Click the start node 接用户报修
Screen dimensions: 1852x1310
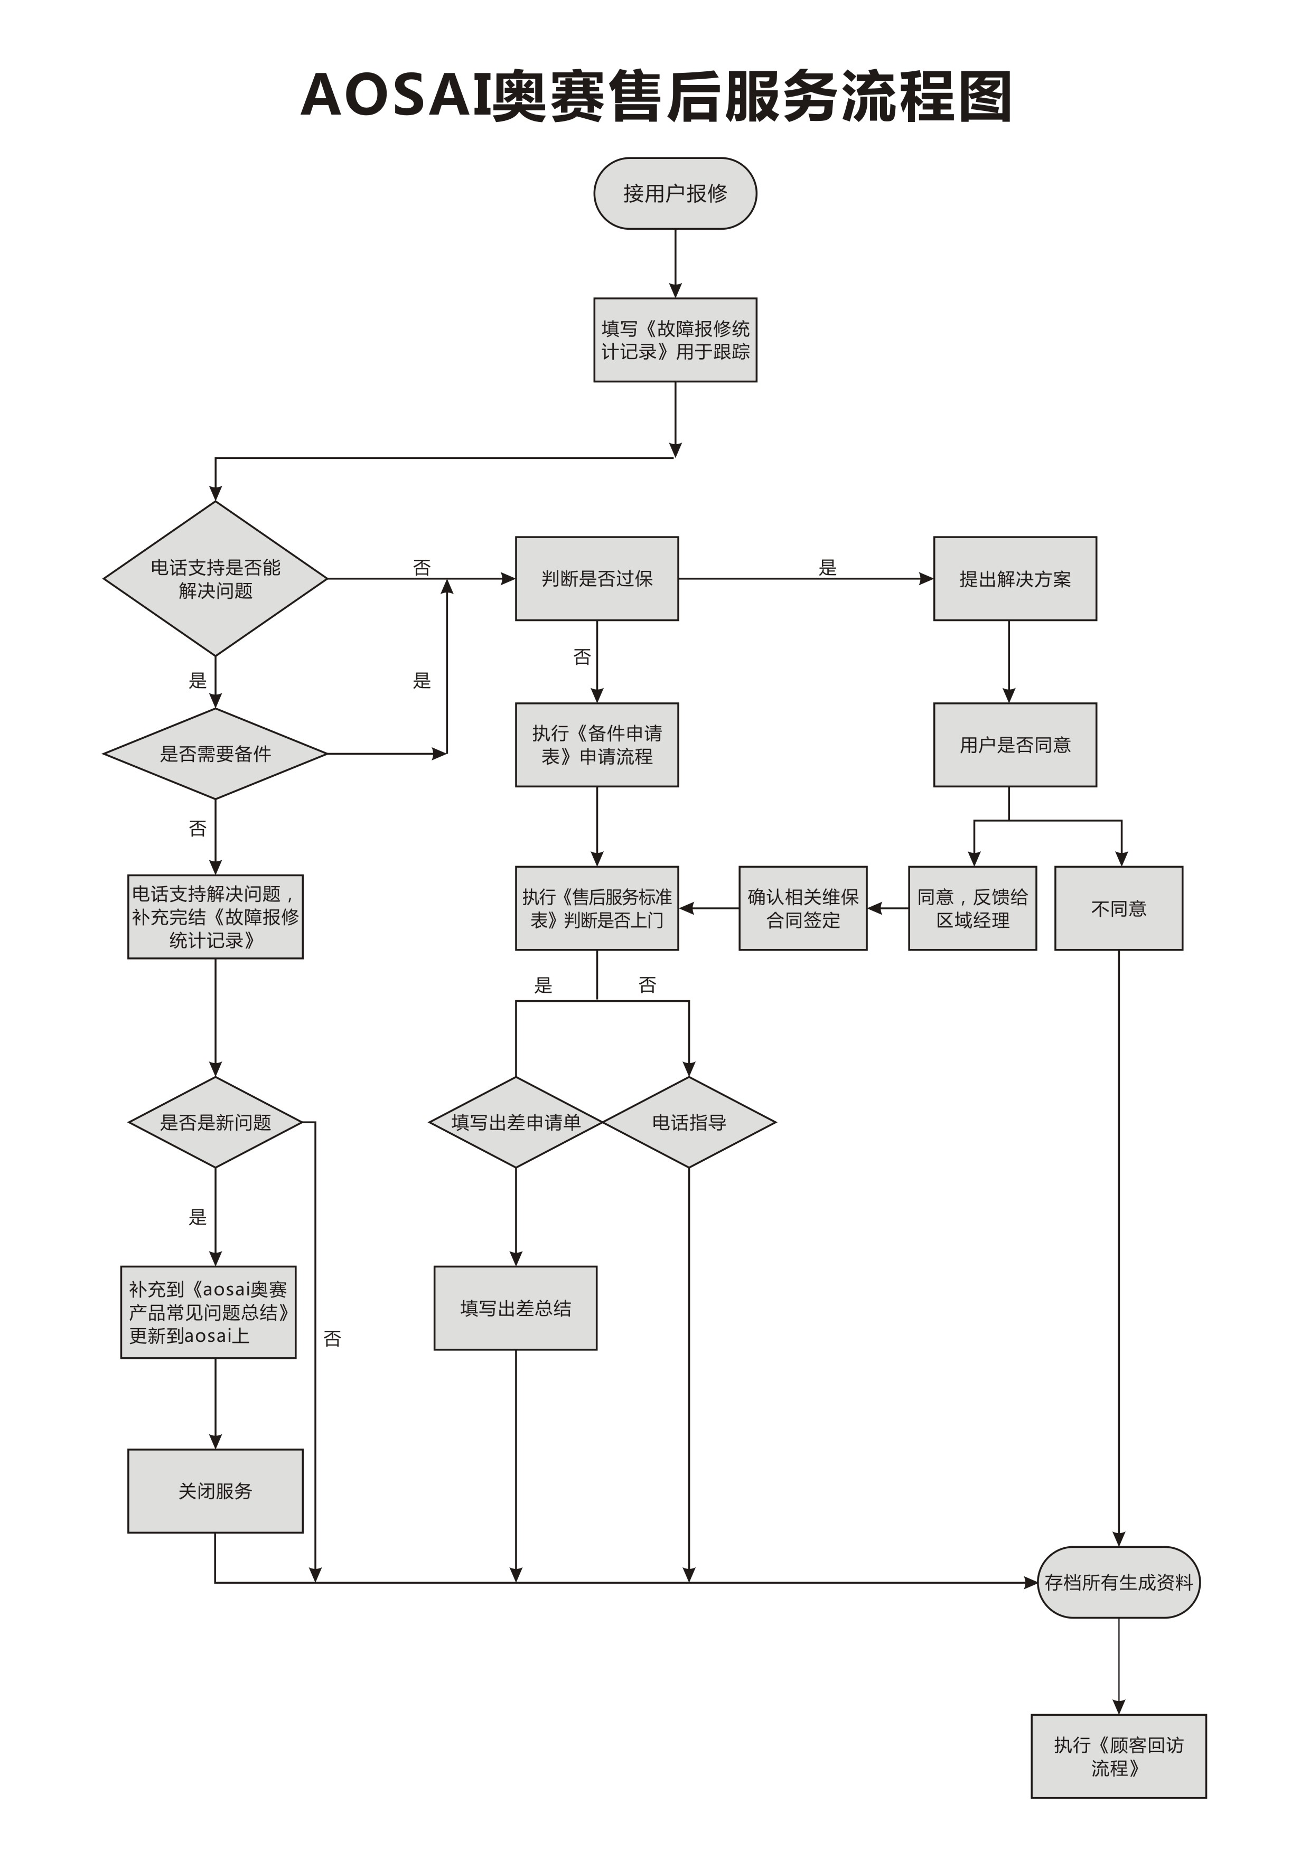(x=675, y=194)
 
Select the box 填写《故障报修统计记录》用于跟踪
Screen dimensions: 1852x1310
(x=675, y=340)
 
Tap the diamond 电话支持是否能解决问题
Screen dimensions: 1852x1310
(x=216, y=578)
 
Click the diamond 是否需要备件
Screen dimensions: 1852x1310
(x=216, y=754)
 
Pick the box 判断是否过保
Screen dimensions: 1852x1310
(x=597, y=578)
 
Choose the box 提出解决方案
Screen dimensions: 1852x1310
(x=1015, y=578)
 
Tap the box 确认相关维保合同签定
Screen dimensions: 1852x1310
(x=802, y=908)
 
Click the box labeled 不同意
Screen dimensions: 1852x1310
(x=1119, y=908)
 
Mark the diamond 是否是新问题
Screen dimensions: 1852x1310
(x=216, y=1122)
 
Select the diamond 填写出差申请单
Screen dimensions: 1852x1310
(x=516, y=1122)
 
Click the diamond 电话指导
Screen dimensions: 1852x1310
(x=689, y=1122)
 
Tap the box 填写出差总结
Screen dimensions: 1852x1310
(x=516, y=1308)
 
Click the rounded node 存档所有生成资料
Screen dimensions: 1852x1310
(x=1119, y=1582)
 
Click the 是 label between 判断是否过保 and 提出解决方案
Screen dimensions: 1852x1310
(x=828, y=567)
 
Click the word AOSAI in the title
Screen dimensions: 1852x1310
(x=395, y=95)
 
